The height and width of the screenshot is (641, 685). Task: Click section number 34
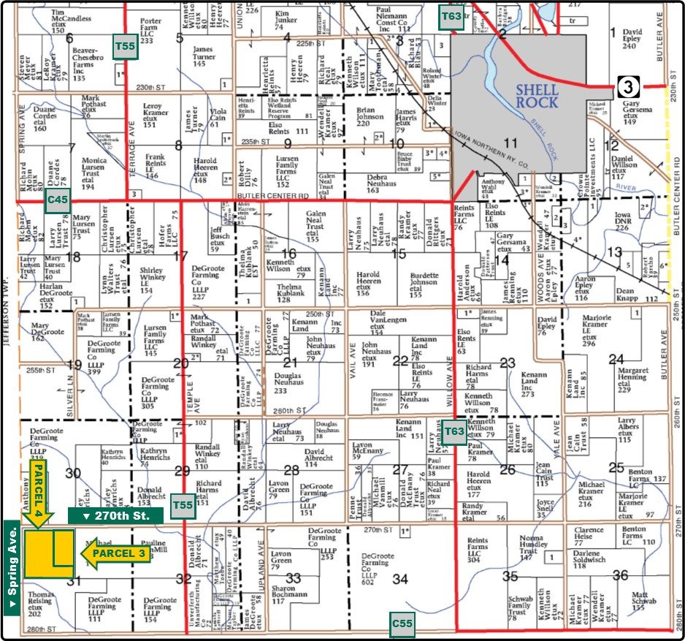point(399,579)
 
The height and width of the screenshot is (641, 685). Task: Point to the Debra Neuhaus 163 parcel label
point(383,184)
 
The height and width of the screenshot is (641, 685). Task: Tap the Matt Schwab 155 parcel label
point(640,602)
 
